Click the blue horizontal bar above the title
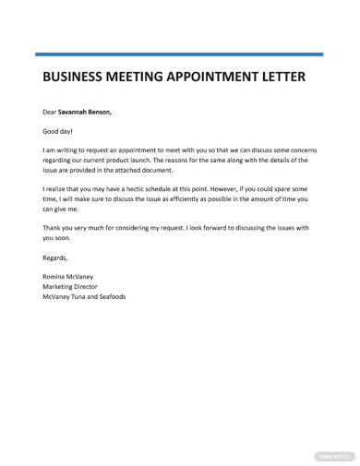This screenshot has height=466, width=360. pyautogui.click(x=179, y=54)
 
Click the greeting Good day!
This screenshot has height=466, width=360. pyautogui.click(x=60, y=131)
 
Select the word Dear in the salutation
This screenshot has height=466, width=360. pyautogui.click(x=50, y=113)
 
